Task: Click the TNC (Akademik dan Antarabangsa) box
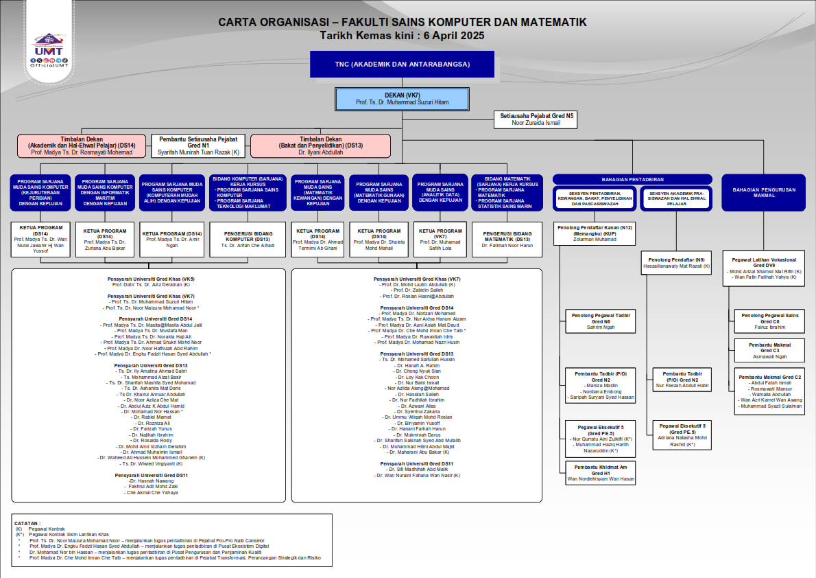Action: [402, 65]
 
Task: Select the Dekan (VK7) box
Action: [403, 99]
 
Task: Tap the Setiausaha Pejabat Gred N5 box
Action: [536, 119]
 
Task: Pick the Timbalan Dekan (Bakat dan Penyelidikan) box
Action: [320, 146]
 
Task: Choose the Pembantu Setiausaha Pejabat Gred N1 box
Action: [198, 146]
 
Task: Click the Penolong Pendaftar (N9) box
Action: [676, 263]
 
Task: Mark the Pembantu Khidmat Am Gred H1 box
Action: [600, 473]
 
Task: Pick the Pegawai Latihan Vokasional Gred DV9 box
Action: [763, 270]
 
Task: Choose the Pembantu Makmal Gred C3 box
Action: [769, 351]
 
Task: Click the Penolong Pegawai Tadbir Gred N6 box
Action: [600, 321]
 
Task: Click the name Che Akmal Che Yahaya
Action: [151, 492]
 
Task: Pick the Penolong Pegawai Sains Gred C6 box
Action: [769, 321]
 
